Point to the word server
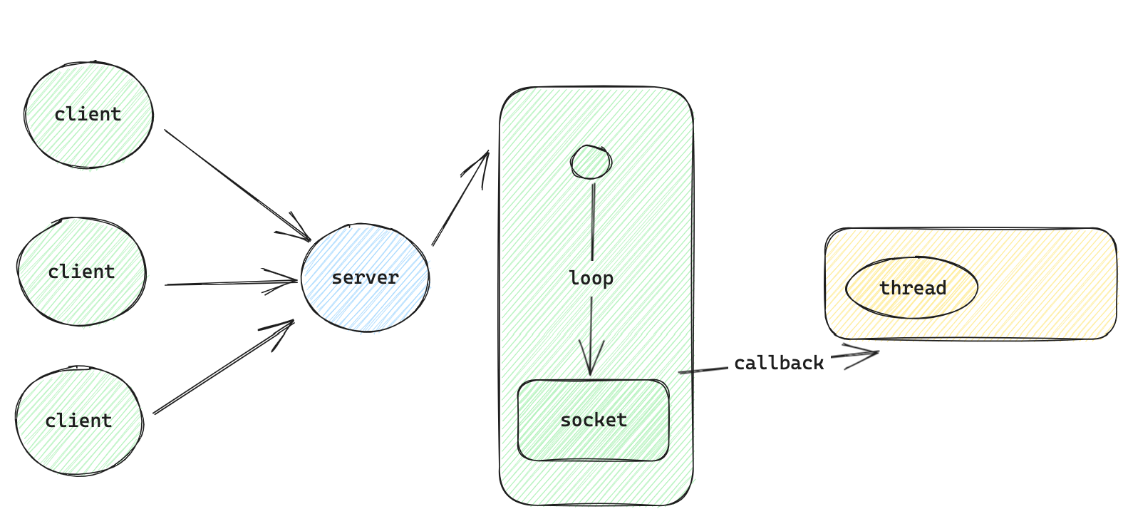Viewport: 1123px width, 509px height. tap(365, 277)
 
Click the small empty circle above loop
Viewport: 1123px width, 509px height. tap(591, 163)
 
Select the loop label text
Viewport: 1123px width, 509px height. tap(591, 277)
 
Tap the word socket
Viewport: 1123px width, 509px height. tap(594, 420)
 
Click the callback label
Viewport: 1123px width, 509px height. tap(779, 364)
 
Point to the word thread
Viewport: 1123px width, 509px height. tap(913, 288)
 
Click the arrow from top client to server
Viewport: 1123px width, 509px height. tap(235, 183)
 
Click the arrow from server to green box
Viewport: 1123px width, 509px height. tap(460, 199)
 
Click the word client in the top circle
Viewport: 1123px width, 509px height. tap(88, 114)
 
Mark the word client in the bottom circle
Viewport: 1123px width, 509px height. tap(78, 421)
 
